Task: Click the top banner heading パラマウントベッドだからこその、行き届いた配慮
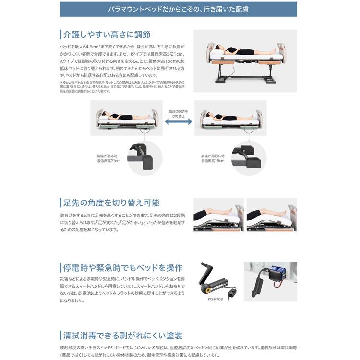178,9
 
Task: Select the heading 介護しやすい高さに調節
107,35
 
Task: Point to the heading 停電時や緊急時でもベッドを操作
123,267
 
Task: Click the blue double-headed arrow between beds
178,123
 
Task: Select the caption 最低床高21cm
109,161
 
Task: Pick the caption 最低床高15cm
213,161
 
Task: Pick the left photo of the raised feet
218,215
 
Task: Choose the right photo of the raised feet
272,215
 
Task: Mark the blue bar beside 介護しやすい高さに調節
60,35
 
